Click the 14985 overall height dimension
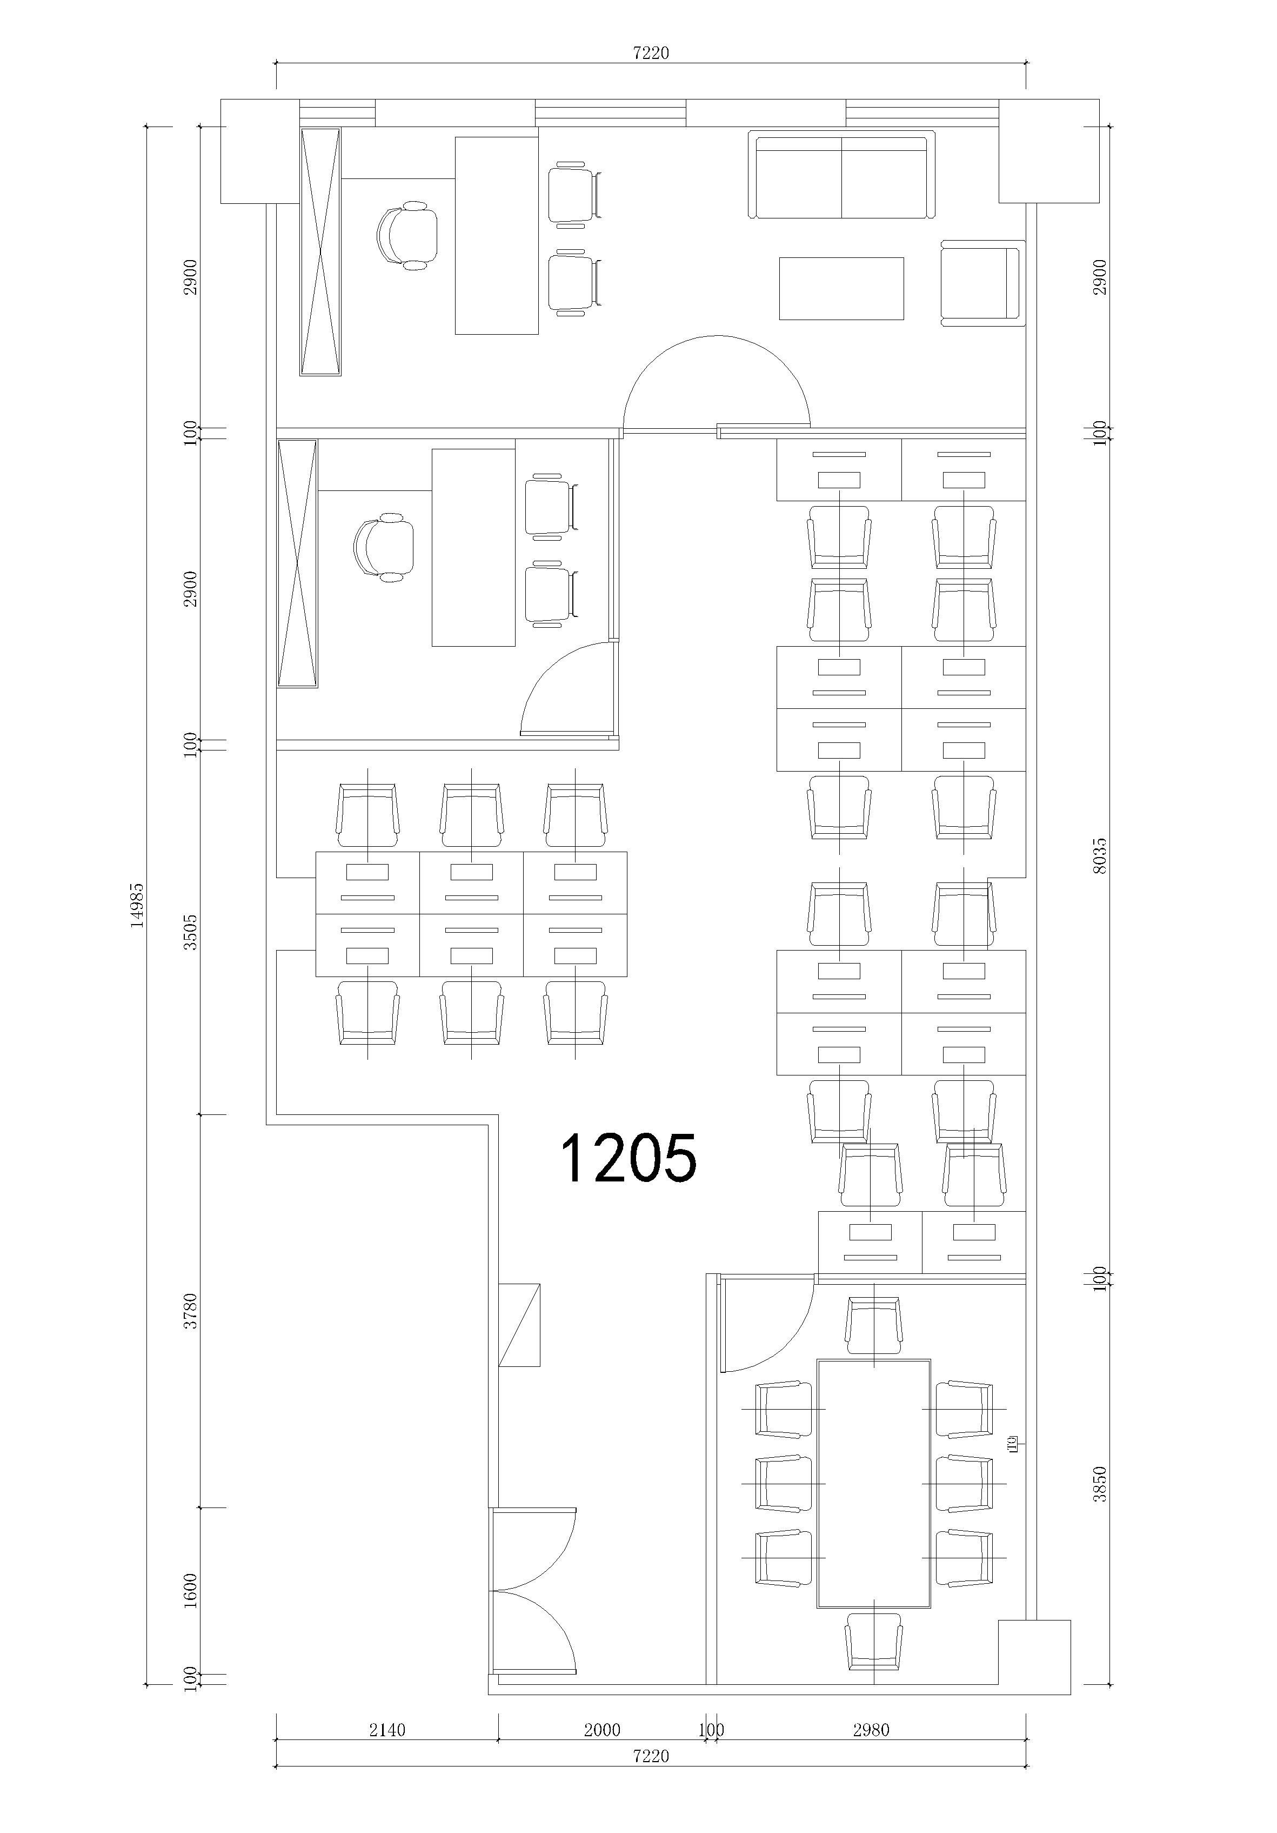tap(137, 905)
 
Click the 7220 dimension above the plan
tap(651, 52)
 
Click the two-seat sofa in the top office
tap(841, 175)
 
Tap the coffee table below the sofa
tap(841, 288)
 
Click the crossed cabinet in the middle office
tap(297, 563)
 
